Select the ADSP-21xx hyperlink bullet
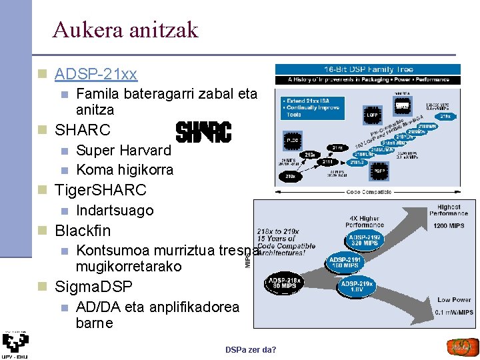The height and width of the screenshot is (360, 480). [x=96, y=73]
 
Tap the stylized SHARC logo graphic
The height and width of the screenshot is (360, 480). [x=203, y=131]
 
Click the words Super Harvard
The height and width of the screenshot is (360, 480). [x=123, y=151]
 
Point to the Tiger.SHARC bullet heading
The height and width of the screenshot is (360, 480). [x=100, y=190]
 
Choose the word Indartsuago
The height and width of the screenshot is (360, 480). [x=115, y=211]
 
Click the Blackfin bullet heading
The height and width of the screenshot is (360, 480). [x=83, y=231]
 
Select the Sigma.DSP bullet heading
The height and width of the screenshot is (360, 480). [x=93, y=287]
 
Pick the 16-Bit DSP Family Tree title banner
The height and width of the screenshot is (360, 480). [x=368, y=69]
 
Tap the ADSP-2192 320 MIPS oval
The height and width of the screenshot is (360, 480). [x=365, y=240]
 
